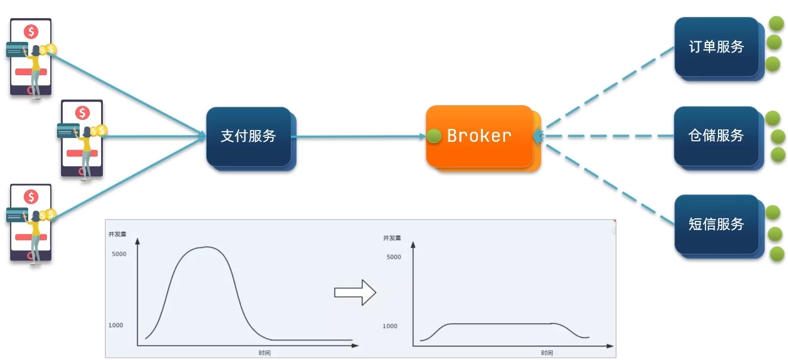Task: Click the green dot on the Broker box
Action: (x=434, y=136)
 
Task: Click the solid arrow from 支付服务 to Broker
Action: (x=359, y=137)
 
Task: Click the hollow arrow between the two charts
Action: (x=355, y=292)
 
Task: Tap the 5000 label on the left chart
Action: (x=119, y=254)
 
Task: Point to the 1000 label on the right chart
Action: (x=390, y=326)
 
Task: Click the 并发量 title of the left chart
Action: (x=117, y=234)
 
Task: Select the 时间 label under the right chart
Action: (x=547, y=353)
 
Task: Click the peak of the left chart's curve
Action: (x=206, y=247)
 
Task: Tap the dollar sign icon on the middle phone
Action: (x=82, y=113)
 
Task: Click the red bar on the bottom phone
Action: (x=31, y=237)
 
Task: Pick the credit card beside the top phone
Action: (x=17, y=50)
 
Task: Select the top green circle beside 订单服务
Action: (x=776, y=24)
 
